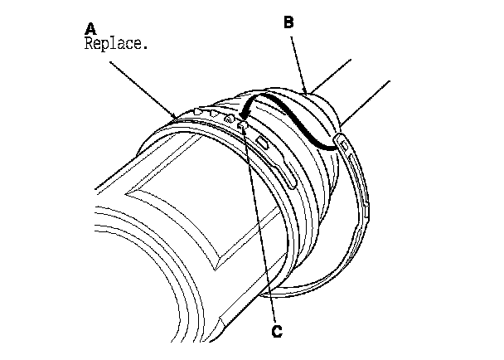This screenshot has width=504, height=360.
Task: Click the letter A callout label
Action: tap(89, 29)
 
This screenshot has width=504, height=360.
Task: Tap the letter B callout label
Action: tap(288, 24)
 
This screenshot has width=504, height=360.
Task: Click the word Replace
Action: tap(116, 44)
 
